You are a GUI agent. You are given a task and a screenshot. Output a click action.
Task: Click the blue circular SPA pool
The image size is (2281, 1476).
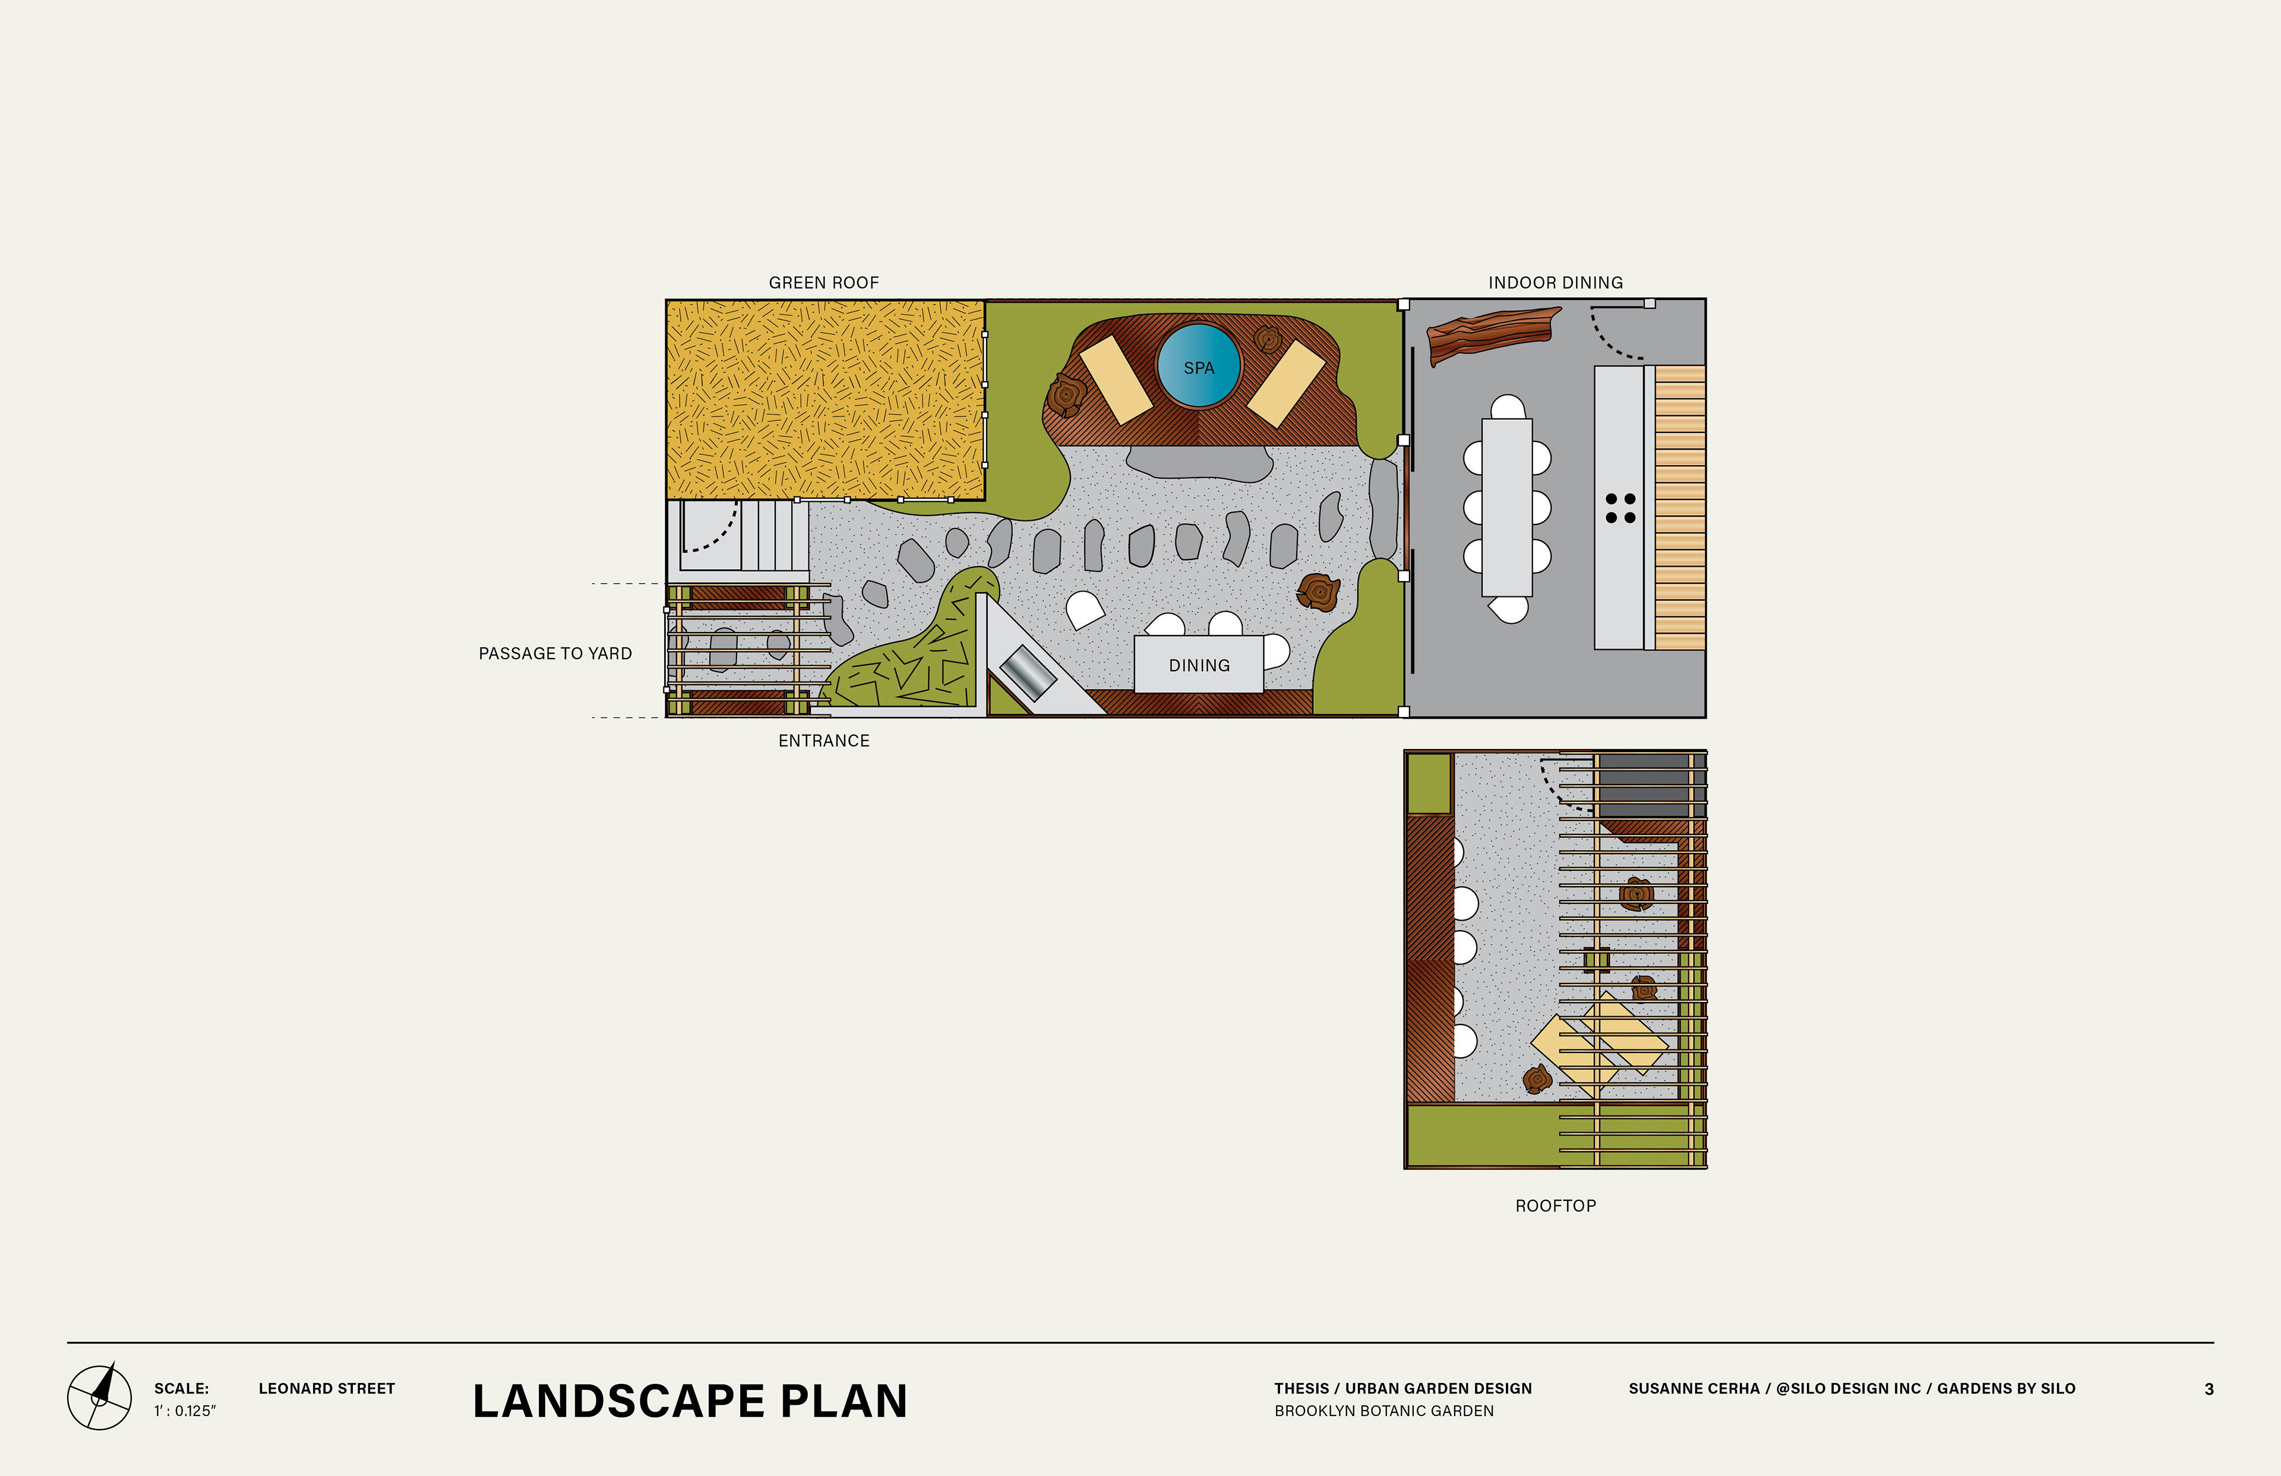click(x=1198, y=366)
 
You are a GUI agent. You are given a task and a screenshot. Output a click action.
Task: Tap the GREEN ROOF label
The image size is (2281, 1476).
click(x=823, y=283)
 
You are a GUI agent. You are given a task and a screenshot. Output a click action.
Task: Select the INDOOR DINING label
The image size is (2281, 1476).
click(x=1556, y=283)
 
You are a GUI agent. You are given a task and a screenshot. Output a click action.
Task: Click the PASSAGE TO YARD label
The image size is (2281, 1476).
click(x=555, y=653)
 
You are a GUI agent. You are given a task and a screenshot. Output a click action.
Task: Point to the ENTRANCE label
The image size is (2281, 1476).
click(x=823, y=741)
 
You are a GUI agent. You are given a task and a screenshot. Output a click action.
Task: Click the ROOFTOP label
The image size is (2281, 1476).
click(x=1556, y=1206)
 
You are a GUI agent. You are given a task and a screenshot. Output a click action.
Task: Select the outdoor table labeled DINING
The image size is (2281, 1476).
click(x=1198, y=663)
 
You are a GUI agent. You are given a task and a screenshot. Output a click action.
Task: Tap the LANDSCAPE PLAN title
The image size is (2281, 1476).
click(x=690, y=1401)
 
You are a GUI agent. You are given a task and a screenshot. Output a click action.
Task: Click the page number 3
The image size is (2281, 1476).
click(x=2209, y=1389)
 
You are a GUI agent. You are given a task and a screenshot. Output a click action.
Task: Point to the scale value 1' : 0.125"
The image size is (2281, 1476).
click(x=185, y=1411)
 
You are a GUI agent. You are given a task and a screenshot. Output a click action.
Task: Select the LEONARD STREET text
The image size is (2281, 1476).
click(x=327, y=1388)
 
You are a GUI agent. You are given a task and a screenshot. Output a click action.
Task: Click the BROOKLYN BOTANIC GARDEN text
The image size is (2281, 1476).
click(x=1384, y=1411)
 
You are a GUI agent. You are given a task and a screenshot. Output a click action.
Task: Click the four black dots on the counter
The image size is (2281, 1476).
click(x=1620, y=508)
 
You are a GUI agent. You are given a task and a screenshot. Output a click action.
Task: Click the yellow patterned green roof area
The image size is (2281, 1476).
click(x=825, y=400)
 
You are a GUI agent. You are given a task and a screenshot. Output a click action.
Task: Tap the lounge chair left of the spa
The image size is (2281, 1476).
click(x=1116, y=378)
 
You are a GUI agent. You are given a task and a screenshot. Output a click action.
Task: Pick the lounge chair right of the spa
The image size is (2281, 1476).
click(x=1285, y=383)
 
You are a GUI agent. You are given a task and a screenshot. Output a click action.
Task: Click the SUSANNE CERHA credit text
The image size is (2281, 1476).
click(x=1852, y=1389)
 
